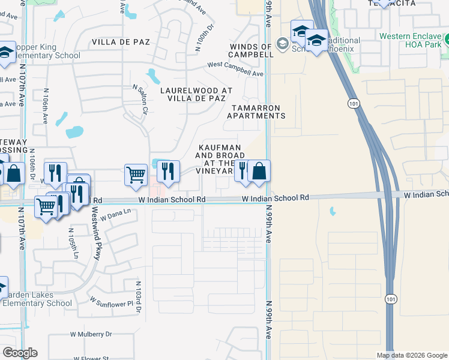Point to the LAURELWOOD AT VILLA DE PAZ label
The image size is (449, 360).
(196, 95)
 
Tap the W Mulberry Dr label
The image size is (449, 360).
(91, 334)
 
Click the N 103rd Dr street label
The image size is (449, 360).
(137, 296)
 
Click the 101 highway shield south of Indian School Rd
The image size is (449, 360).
(391, 299)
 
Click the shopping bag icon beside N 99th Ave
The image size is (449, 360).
(259, 171)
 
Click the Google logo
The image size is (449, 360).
(20, 353)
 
